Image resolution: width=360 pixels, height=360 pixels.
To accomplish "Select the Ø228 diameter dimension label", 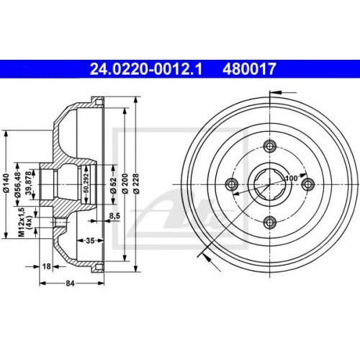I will pos(135,185).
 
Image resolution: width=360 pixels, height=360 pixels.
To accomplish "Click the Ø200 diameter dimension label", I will pos(125,185).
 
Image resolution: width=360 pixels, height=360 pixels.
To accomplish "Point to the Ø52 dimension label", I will pos(113,185).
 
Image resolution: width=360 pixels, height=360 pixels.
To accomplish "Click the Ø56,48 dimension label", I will pos(19,185).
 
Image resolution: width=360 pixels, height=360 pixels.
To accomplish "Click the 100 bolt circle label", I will pos(291,177).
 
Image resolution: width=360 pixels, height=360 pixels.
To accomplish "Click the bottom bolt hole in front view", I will pos(269,221).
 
